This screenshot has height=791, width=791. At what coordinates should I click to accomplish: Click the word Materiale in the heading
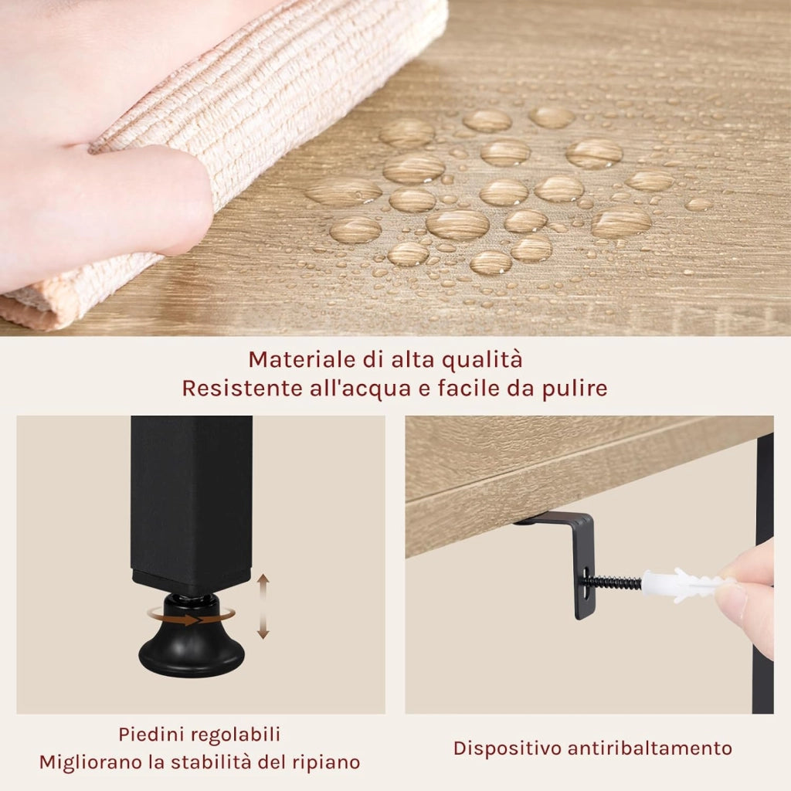pyautogui.click(x=302, y=360)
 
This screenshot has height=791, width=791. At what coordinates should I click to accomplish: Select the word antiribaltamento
pyautogui.click(x=650, y=748)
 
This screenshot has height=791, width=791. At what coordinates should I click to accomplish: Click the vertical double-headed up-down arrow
pyautogui.click(x=263, y=607)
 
